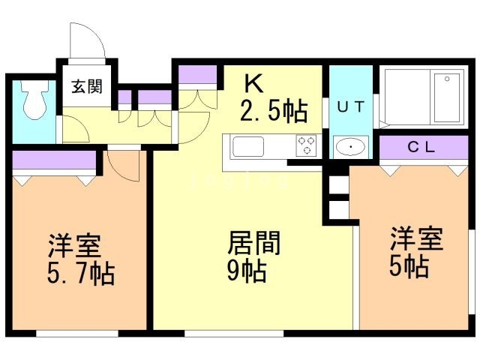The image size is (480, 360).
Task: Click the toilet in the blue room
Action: click(x=33, y=103)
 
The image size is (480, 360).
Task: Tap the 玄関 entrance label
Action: click(x=86, y=86)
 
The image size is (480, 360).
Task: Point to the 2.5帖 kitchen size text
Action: click(x=273, y=112)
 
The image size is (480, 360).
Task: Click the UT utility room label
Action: click(x=350, y=106)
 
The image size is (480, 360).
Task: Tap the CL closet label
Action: click(x=421, y=148)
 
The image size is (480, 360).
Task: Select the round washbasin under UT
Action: click(x=349, y=146)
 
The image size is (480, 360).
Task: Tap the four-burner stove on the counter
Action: click(x=305, y=144)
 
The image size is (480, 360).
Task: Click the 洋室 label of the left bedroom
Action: click(x=75, y=247)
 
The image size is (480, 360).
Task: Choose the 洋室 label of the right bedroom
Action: click(x=415, y=239)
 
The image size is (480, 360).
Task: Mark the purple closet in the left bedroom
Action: click(x=55, y=160)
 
